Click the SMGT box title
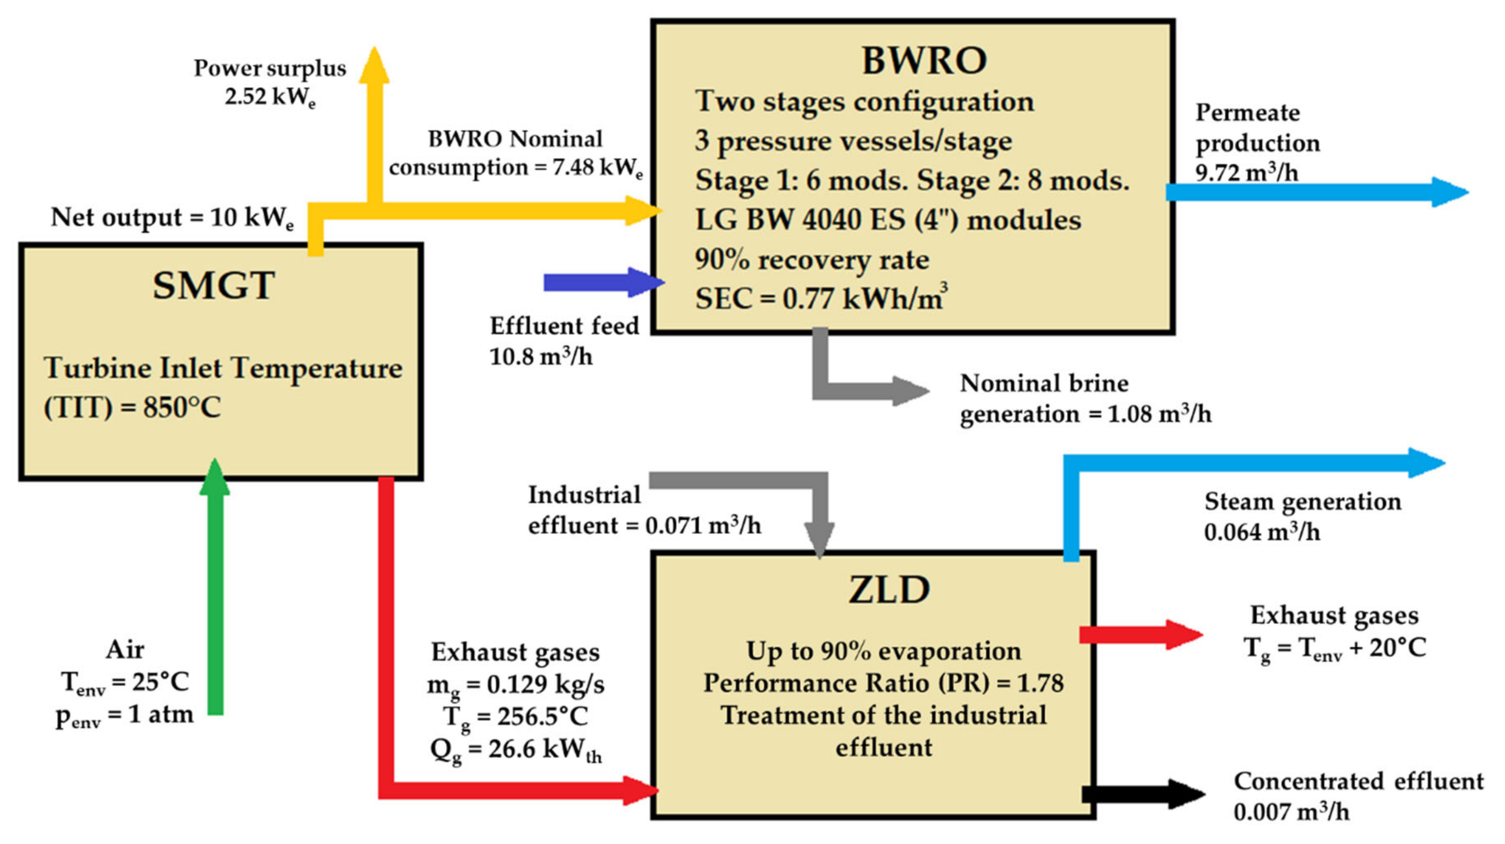coord(213,286)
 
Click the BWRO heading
coord(924,60)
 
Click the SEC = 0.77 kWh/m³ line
coord(820,298)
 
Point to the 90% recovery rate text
coord(812,259)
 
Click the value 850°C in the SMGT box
coord(182,407)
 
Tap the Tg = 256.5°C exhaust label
coord(515,717)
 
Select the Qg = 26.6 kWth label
coord(515,749)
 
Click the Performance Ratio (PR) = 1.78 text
coord(884,683)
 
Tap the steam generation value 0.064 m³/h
coord(1262,532)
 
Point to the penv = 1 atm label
coord(124,715)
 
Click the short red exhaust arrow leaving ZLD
coord(1139,635)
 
